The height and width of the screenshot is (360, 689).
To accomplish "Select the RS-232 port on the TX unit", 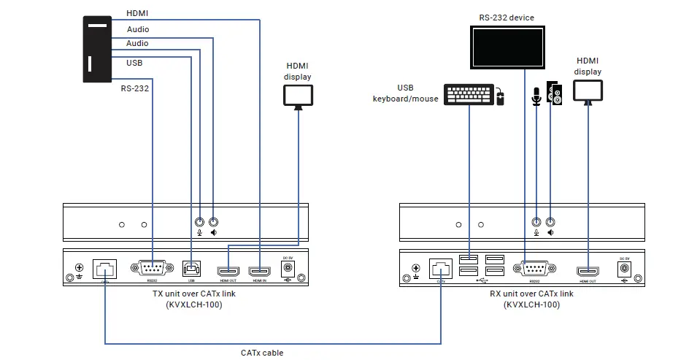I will point(151,268).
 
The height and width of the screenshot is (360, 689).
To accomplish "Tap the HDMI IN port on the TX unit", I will point(260,269).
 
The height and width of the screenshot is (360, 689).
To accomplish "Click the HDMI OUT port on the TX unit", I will point(229,269).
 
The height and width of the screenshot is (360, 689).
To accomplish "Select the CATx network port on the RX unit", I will point(441,267).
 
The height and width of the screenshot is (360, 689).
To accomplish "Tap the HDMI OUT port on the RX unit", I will point(588,269).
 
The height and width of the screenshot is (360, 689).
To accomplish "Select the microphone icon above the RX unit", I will point(536,96).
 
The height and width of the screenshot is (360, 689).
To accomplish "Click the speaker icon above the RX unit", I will point(556,94).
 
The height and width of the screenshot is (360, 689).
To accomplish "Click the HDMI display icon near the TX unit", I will point(298,96).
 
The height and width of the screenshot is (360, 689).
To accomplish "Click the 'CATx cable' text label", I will point(262,353).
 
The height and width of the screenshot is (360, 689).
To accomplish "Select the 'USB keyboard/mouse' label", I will point(406,93).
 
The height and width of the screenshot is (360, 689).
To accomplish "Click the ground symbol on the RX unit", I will point(416,269).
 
